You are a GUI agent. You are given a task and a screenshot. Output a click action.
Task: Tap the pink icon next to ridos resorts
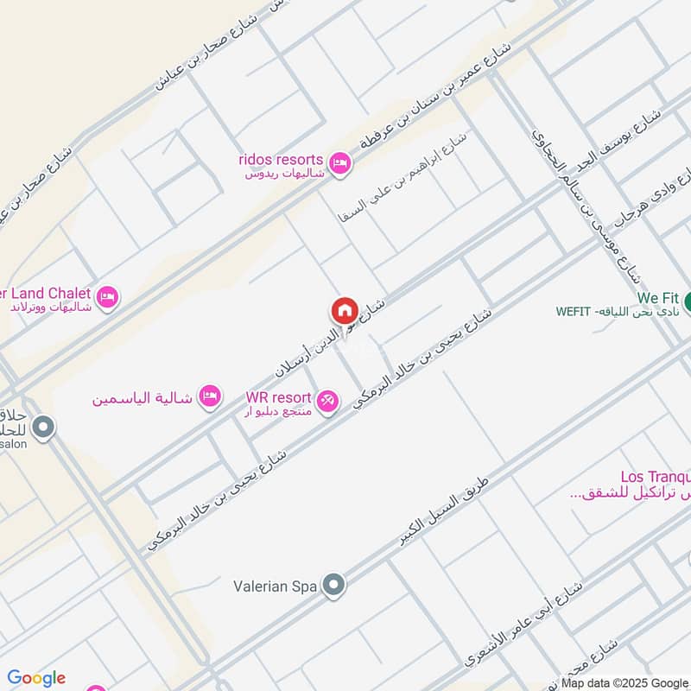340,162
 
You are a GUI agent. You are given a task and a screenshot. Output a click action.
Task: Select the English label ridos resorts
282,160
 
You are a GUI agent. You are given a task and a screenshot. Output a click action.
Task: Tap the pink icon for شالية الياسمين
209,397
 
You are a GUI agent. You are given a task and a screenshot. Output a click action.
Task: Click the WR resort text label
278,396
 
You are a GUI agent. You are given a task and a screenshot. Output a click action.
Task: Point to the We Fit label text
656,297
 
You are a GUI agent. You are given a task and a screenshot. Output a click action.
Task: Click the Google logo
36,678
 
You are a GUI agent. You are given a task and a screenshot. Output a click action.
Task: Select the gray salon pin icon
42,427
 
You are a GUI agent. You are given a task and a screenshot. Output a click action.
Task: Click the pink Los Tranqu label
654,477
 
